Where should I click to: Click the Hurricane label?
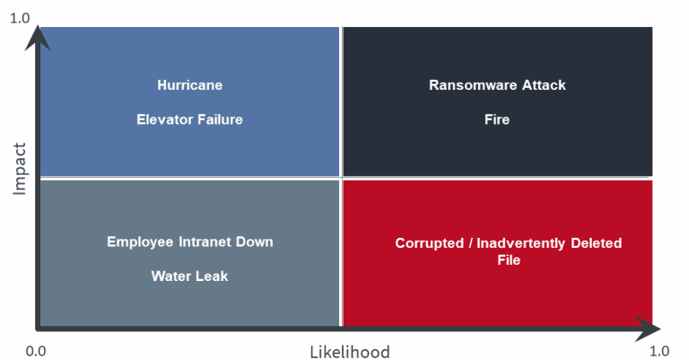(190, 84)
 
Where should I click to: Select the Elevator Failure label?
(189, 119)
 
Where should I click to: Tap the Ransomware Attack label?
(497, 84)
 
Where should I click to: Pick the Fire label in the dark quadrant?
(497, 119)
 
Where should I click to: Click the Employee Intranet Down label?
(190, 241)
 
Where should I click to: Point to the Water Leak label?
(189, 276)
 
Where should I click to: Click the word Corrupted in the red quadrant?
(430, 243)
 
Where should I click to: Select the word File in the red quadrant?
(509, 259)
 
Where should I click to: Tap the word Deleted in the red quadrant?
(597, 243)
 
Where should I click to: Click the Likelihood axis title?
(350, 352)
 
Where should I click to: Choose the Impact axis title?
(20, 169)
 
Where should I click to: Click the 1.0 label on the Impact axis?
(20, 18)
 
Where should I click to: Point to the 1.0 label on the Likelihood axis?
(659, 351)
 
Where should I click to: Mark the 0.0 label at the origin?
(36, 351)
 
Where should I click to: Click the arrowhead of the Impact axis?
(38, 38)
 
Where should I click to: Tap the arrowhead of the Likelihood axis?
(647, 329)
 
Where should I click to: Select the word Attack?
(544, 84)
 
